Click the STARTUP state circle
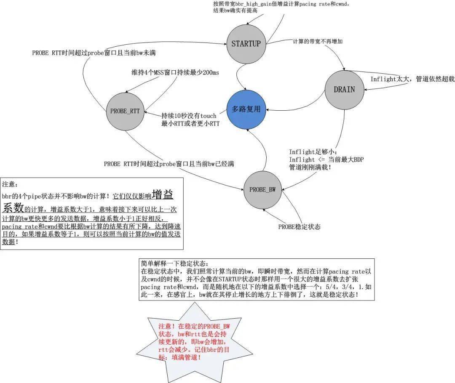246,44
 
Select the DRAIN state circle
344,90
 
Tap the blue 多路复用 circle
246,109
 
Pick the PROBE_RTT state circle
125,111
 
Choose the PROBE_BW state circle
262,190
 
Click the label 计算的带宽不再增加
318,42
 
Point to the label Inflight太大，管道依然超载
412,79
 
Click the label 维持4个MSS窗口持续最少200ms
175,72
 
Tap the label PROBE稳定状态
300,227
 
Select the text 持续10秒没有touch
189,116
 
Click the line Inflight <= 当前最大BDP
326,160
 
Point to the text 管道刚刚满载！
310,167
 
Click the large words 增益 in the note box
163,194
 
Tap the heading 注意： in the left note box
10,184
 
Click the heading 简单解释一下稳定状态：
175,263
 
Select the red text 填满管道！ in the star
186,357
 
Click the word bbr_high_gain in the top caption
257,4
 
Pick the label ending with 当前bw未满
94,53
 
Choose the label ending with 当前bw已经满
169,164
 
